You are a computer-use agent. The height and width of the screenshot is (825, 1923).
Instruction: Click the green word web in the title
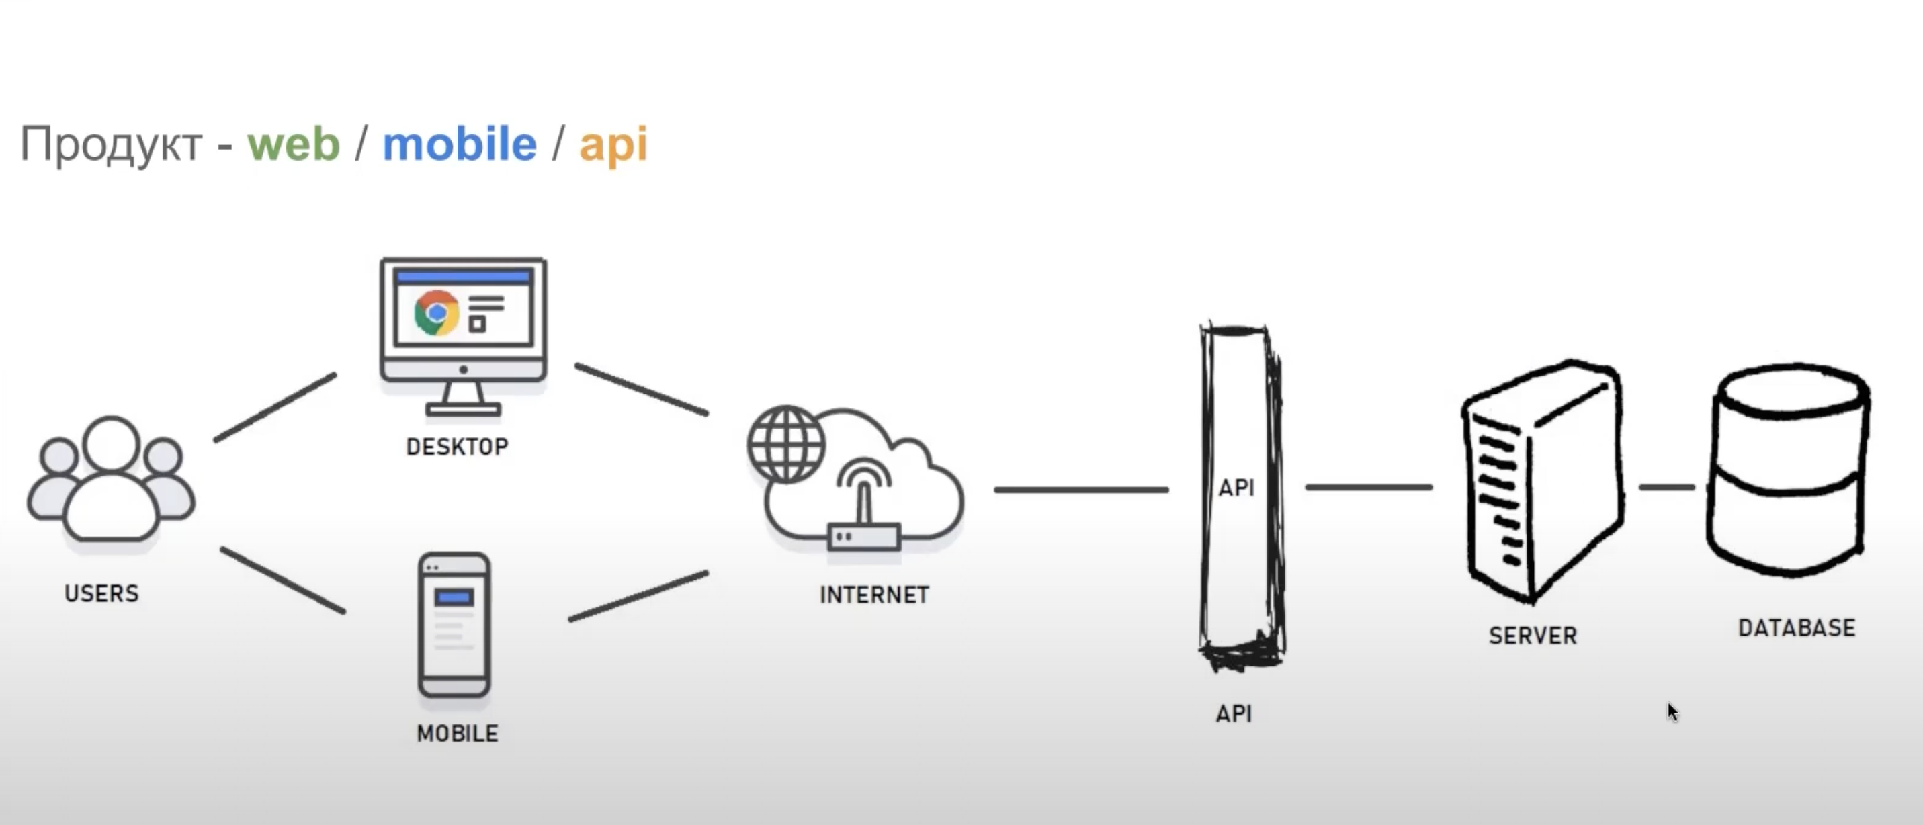294,143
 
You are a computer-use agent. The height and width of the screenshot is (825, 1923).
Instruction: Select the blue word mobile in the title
459,143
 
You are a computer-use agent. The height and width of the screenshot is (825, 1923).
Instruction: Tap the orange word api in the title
613,143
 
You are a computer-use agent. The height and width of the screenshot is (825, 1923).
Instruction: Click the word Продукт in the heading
112,143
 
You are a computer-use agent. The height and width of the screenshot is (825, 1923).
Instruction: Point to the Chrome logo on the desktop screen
437,312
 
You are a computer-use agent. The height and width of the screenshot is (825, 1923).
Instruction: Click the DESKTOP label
457,447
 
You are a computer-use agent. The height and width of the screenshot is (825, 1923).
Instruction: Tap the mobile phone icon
454,625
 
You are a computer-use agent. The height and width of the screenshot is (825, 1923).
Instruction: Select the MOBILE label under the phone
457,733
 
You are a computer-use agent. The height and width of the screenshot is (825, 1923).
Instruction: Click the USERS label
101,593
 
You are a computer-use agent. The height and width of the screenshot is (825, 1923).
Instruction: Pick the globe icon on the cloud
786,444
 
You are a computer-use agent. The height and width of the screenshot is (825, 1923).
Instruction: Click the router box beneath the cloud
863,537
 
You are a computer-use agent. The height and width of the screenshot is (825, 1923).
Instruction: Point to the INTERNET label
874,595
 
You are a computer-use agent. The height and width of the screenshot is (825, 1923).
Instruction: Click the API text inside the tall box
1236,488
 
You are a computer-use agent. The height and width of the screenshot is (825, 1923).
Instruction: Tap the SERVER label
1533,636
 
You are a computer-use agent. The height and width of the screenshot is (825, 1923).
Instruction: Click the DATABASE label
1797,627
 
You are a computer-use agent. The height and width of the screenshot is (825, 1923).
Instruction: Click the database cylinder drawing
1789,470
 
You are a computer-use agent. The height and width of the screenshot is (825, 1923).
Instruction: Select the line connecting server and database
1666,488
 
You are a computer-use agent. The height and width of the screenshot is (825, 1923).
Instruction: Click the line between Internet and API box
1081,490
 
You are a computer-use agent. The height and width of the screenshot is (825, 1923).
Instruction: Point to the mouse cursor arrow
1672,711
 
